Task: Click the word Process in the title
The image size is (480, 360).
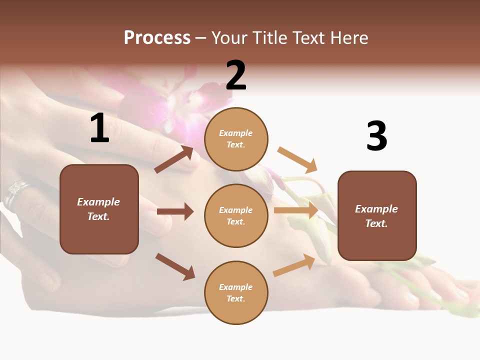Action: [157, 38]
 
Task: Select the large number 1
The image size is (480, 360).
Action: [99, 128]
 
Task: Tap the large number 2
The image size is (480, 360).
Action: [236, 75]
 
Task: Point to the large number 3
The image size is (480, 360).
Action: [376, 136]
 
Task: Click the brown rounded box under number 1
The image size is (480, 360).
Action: [99, 209]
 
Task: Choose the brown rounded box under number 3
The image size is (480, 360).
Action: [377, 215]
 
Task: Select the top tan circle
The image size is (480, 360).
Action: [236, 139]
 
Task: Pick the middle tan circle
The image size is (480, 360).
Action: [236, 215]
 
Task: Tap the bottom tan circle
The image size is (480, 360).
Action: [236, 292]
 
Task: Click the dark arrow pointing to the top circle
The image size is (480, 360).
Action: [174, 159]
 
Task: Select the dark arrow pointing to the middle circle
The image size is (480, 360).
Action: [175, 211]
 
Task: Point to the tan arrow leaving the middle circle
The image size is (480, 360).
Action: [296, 210]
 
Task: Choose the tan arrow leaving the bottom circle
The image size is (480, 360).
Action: [294, 265]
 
